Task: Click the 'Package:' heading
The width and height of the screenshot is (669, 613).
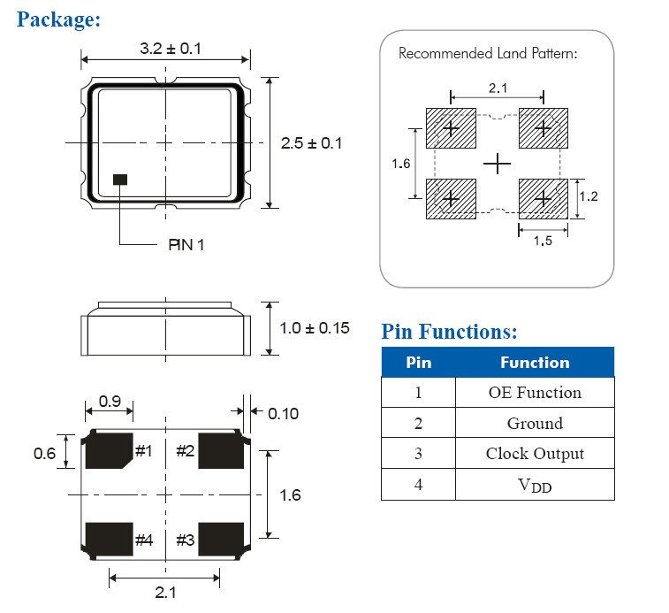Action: click(58, 19)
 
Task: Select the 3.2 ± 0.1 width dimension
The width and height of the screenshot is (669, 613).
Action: click(170, 49)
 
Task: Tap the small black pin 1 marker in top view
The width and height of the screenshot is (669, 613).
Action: click(120, 180)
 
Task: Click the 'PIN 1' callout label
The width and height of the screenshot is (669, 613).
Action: click(186, 244)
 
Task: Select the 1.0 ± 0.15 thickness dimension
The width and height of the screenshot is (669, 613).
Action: click(315, 328)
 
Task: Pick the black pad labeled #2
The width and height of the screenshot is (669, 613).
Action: click(222, 451)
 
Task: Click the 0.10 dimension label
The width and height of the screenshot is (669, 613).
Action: click(283, 413)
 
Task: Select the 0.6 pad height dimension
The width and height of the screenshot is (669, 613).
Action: click(44, 453)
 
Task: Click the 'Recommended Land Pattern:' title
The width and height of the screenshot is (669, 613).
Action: click(487, 53)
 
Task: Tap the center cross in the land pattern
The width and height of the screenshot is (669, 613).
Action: click(498, 163)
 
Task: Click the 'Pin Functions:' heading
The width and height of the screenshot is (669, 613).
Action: click(449, 332)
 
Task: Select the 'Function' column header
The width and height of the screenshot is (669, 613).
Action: click(534, 363)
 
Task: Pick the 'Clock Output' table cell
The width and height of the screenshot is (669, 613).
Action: click(534, 454)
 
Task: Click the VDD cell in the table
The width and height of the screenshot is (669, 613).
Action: click(534, 485)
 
